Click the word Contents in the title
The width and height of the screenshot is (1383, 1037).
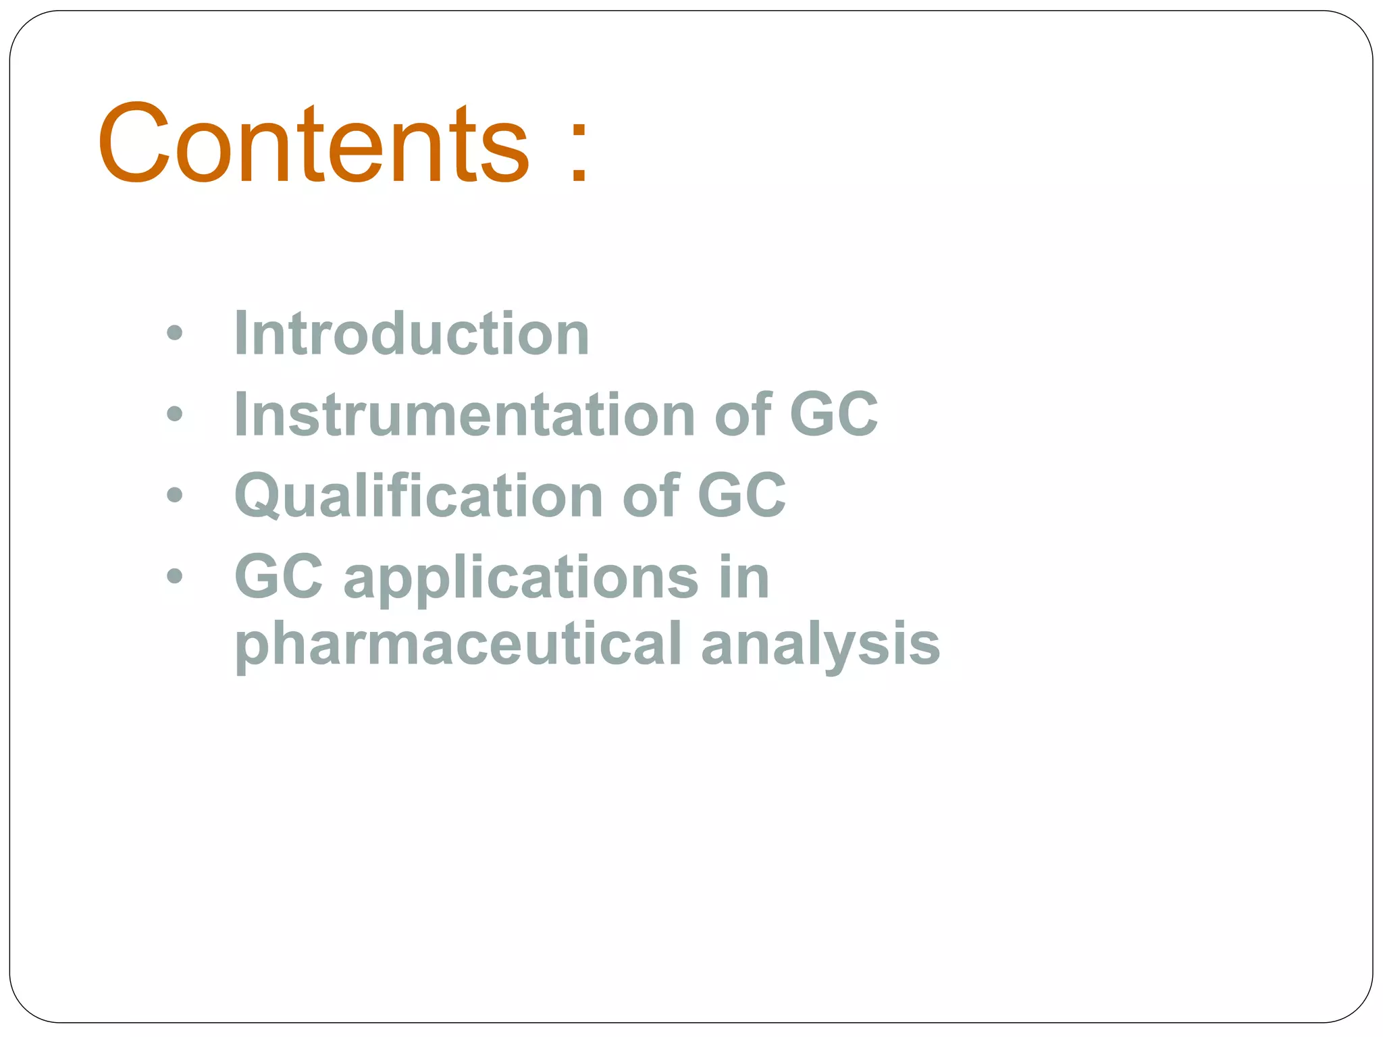pos(313,143)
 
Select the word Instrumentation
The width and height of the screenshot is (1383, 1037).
pos(465,414)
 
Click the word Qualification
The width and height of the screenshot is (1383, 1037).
pos(419,496)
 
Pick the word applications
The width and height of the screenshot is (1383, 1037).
pos(521,577)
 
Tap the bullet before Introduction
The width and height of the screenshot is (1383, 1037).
pos(174,332)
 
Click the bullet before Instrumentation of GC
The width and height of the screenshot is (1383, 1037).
pos(174,414)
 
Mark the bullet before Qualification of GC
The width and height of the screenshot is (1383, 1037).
pos(174,495)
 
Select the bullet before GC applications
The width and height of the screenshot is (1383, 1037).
pos(174,577)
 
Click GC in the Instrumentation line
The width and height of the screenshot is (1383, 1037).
pos(833,414)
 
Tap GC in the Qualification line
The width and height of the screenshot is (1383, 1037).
pos(741,496)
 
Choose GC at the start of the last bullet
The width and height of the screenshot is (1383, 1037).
pos(278,577)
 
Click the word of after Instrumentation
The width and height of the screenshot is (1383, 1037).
pos(742,414)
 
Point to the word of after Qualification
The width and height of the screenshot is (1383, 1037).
pos(650,496)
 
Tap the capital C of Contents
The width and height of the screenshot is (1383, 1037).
pos(134,143)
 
